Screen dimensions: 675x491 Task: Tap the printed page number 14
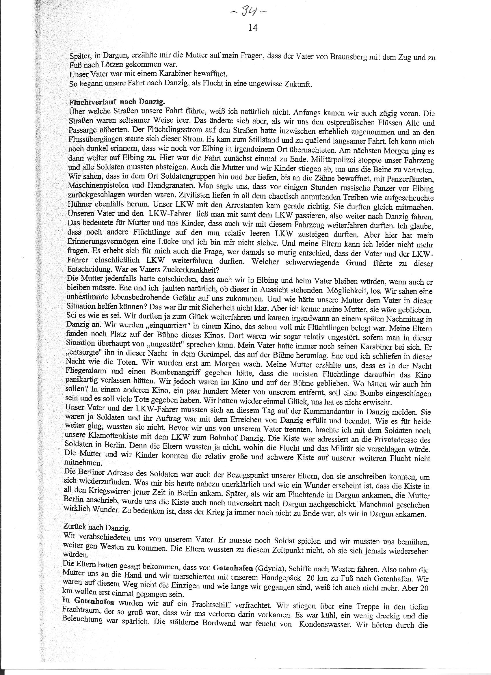(252, 28)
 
